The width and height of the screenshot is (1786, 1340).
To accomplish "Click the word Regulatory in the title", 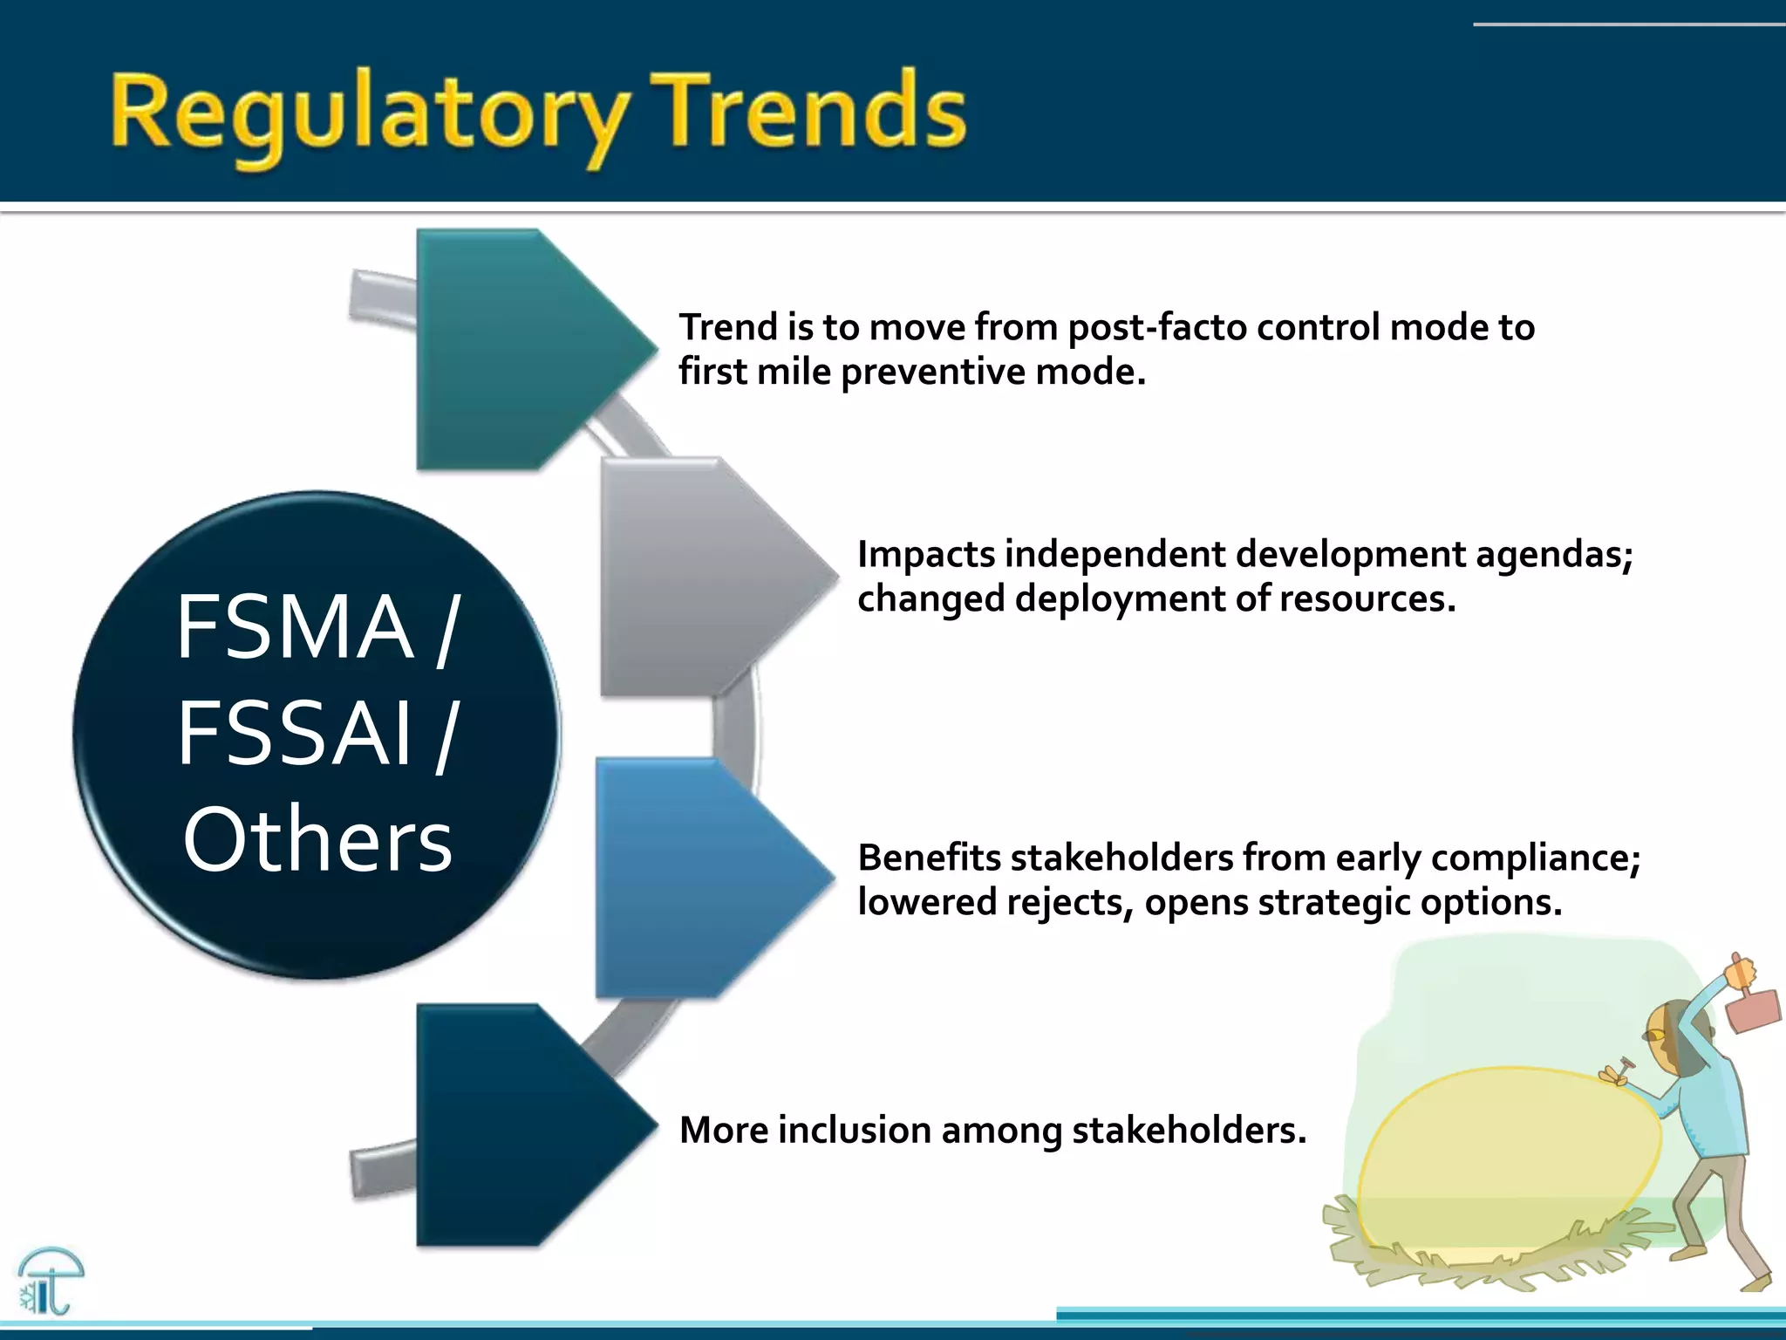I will pos(366,113).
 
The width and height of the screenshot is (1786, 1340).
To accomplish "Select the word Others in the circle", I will pos(317,839).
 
